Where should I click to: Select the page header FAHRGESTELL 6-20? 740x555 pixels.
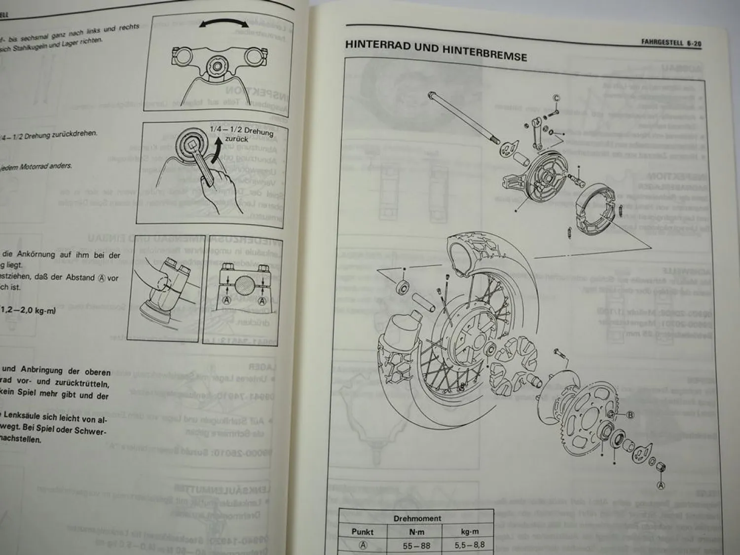(x=671, y=43)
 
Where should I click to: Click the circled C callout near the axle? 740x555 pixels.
(x=556, y=98)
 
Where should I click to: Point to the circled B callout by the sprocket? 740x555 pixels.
(x=629, y=415)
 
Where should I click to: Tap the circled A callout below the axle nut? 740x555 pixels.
(x=661, y=485)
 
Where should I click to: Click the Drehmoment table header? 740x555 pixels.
(x=417, y=518)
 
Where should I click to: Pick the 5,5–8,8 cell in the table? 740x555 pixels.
(x=469, y=545)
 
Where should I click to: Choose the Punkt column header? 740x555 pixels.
(x=363, y=532)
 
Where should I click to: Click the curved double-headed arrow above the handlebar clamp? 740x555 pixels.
(x=223, y=27)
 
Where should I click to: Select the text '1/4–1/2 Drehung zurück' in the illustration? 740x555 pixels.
(x=241, y=134)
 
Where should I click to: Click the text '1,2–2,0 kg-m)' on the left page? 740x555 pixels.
(x=28, y=310)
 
